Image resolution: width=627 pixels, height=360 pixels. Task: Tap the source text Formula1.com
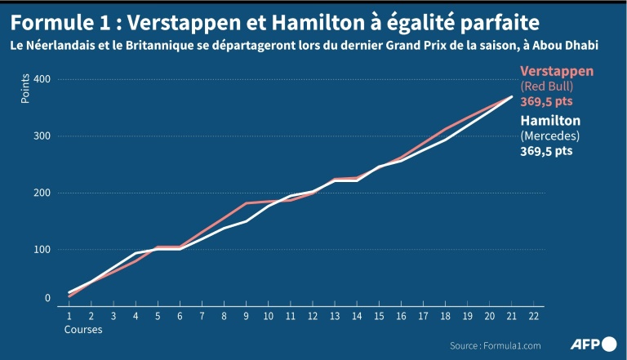click(x=496, y=345)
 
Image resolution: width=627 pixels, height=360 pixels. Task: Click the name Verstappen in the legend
click(x=557, y=71)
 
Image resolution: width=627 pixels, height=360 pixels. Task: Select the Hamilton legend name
click(x=549, y=121)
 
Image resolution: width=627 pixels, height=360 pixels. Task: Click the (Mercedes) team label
click(x=550, y=136)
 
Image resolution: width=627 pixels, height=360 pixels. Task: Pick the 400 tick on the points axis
click(x=42, y=79)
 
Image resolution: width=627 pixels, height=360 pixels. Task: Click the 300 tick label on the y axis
click(x=42, y=136)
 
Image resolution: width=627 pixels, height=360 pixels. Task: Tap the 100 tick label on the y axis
click(x=42, y=250)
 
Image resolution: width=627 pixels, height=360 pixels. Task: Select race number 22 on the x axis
click(x=534, y=315)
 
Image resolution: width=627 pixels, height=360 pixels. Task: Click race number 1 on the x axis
click(x=69, y=315)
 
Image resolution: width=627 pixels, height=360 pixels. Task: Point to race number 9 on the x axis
click(x=246, y=315)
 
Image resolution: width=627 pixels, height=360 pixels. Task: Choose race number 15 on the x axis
click(x=379, y=315)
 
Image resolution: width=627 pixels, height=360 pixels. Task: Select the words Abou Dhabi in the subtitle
click(x=568, y=46)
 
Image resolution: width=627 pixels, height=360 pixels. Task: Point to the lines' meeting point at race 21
click(x=512, y=96)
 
